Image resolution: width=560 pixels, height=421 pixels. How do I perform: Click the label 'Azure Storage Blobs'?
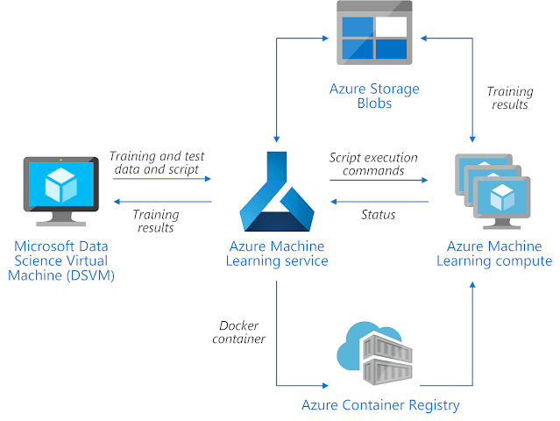click(x=374, y=96)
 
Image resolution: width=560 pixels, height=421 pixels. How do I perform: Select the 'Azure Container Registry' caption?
click(x=379, y=405)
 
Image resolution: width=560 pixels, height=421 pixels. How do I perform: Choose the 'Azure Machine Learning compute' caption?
click(x=500, y=253)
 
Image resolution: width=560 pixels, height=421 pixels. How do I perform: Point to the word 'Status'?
click(x=378, y=215)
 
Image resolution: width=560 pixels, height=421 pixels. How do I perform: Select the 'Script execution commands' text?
click(x=373, y=164)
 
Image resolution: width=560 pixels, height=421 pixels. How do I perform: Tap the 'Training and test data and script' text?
click(x=155, y=162)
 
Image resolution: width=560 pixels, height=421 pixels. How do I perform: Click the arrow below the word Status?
click(x=379, y=202)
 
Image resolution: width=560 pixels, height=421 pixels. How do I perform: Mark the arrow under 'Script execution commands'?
click(x=379, y=179)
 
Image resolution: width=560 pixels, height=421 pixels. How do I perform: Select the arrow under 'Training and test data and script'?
click(x=162, y=178)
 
